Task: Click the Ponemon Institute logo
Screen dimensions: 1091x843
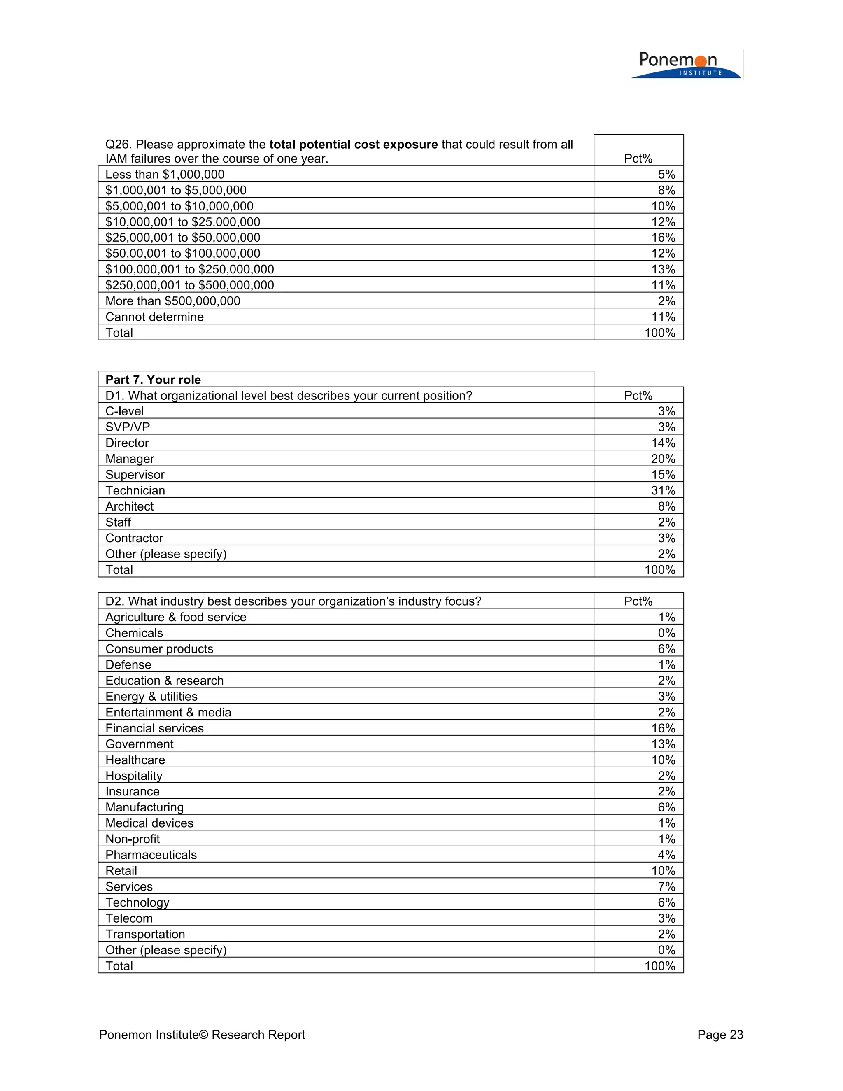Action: tap(685, 65)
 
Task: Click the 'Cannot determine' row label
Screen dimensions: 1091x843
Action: tap(154, 317)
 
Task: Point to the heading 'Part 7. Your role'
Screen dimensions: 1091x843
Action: tap(153, 380)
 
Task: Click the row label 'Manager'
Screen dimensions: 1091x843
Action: tap(130, 459)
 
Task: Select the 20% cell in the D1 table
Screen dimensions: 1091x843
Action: tap(663, 459)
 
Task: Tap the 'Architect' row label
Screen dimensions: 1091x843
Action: tap(129, 506)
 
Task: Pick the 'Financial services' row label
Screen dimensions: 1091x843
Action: tap(154, 728)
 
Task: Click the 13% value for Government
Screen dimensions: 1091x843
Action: tap(663, 744)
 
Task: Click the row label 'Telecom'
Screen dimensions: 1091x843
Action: tap(129, 918)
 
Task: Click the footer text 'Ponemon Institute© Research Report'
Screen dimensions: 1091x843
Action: tap(202, 1035)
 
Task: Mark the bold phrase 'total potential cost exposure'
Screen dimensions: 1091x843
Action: tap(353, 145)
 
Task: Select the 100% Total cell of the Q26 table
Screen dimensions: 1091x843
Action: tap(659, 333)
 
